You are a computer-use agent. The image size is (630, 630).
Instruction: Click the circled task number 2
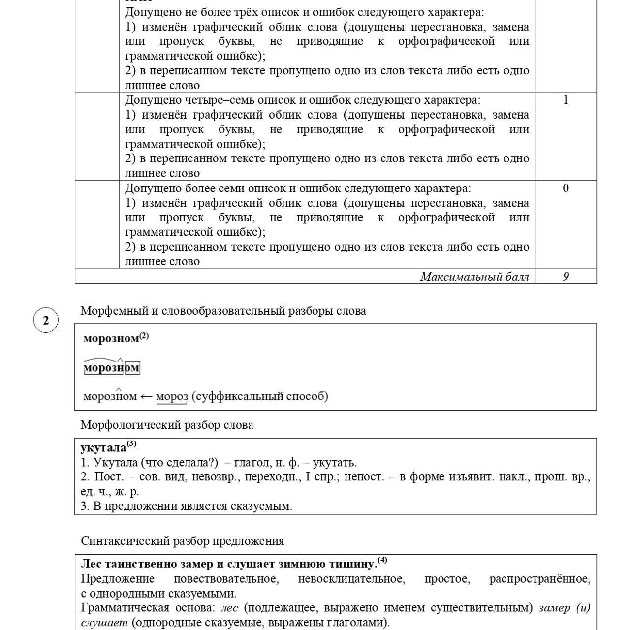46,320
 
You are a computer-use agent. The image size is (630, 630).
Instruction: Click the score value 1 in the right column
566,100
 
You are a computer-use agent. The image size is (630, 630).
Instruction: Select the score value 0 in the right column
566,188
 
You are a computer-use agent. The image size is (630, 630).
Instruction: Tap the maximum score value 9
566,276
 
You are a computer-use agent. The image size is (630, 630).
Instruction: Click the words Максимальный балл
474,277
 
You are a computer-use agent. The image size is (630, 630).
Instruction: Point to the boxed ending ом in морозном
132,368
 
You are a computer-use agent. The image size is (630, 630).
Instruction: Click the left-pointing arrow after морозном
146,396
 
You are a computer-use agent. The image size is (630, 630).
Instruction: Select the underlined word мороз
172,396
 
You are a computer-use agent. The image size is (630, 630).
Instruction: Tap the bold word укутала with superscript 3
103,448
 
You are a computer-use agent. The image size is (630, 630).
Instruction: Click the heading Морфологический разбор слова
167,425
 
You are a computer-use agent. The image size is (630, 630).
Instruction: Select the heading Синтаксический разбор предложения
183,541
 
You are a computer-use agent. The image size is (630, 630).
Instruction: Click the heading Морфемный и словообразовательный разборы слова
223,311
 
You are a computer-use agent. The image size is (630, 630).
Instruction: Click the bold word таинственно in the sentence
145,564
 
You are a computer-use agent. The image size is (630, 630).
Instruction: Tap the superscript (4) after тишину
382,560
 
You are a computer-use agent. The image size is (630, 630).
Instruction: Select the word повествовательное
226,579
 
